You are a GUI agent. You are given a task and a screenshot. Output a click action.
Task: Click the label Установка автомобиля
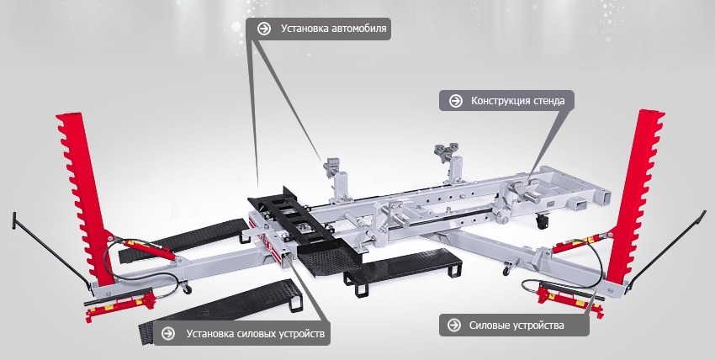(333, 29)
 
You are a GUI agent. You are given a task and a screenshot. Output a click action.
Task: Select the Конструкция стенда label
(517, 101)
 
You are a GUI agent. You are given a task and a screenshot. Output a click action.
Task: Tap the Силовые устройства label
(516, 326)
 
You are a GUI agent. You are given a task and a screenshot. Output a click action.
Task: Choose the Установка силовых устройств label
(256, 334)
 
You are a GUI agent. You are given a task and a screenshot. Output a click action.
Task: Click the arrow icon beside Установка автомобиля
(263, 29)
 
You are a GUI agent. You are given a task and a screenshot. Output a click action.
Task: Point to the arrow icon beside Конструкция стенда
(456, 101)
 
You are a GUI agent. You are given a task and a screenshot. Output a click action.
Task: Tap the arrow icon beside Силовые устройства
(453, 325)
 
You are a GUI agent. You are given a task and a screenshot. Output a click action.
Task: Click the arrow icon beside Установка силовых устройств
(168, 334)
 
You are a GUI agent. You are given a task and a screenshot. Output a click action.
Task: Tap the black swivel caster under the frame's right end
(542, 222)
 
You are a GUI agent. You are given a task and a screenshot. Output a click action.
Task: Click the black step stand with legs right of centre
(404, 270)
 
